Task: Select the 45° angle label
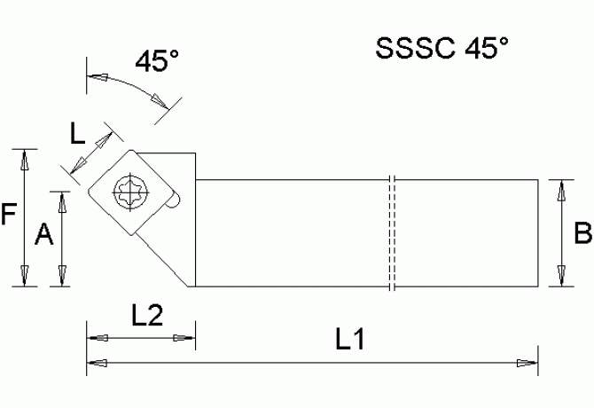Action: point(157,61)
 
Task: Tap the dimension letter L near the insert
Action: point(78,134)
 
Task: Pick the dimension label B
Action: point(582,233)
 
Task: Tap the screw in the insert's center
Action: point(130,191)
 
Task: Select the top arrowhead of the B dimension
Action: point(559,189)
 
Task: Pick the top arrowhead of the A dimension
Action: point(62,201)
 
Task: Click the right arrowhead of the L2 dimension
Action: point(184,338)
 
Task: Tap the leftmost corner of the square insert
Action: point(86,189)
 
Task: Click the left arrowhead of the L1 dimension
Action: point(97,362)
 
